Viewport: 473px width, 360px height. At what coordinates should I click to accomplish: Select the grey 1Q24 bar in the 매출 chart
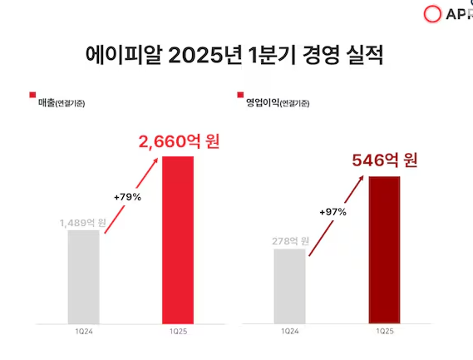pyautogui.click(x=83, y=275)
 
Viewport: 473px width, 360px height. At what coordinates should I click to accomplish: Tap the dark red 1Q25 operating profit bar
pyautogui.click(x=384, y=249)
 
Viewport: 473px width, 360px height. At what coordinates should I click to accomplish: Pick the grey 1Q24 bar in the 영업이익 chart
pyautogui.click(x=289, y=284)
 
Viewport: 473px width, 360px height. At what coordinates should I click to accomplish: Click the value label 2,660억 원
pyautogui.click(x=179, y=142)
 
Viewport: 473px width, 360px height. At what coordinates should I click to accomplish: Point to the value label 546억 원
pyautogui.click(x=384, y=160)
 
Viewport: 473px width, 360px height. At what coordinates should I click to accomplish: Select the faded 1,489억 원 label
pyautogui.click(x=82, y=222)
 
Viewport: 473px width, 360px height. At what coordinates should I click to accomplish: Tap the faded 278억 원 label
pyautogui.click(x=290, y=241)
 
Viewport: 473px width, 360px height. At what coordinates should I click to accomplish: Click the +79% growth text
pyautogui.click(x=126, y=197)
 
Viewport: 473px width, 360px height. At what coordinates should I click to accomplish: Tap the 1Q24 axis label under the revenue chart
pyautogui.click(x=83, y=331)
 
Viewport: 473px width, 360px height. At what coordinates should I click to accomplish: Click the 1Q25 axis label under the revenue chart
pyautogui.click(x=178, y=331)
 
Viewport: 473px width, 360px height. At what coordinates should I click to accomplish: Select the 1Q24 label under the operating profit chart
pyautogui.click(x=289, y=331)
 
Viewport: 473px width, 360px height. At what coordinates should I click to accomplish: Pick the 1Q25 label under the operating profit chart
pyautogui.click(x=384, y=331)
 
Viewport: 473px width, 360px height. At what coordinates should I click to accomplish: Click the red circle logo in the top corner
pyautogui.click(x=432, y=14)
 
